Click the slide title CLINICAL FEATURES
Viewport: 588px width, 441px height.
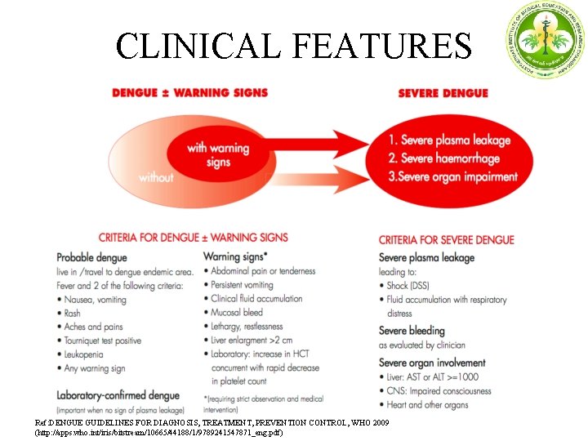293,46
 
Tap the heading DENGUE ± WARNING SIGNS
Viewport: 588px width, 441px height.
190,92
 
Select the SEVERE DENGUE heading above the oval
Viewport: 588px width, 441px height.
443,92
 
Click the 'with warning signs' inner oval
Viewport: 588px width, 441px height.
218,154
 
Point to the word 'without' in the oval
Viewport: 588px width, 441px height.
156,176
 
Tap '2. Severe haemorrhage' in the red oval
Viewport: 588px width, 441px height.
444,158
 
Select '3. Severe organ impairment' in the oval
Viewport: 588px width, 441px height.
452,176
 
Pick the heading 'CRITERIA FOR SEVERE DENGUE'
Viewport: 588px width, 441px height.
446,240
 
